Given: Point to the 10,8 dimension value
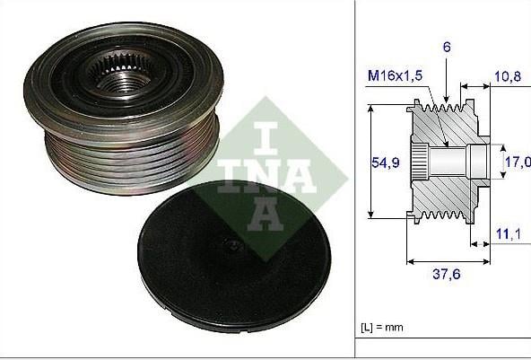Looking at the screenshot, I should (x=509, y=79).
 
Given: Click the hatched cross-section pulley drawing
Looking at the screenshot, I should (x=448, y=162).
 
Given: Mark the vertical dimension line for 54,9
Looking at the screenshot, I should (x=370, y=162).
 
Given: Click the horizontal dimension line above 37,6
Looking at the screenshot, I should (x=448, y=262).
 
